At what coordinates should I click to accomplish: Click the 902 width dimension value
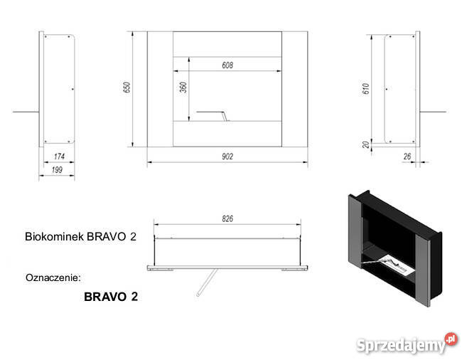227,156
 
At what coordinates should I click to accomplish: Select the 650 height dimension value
127,88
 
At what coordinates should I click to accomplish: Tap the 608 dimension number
227,65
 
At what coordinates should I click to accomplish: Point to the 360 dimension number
183,89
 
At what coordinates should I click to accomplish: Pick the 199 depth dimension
56,169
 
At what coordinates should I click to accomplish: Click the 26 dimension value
408,156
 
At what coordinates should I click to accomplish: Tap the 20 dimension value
365,144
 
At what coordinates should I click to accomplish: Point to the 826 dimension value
227,218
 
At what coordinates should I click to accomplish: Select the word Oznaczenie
53,275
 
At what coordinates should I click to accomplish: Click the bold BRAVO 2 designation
110,297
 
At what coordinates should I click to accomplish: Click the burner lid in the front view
211,113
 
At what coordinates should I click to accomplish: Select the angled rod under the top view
207,282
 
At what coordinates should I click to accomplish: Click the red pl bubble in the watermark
450,339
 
